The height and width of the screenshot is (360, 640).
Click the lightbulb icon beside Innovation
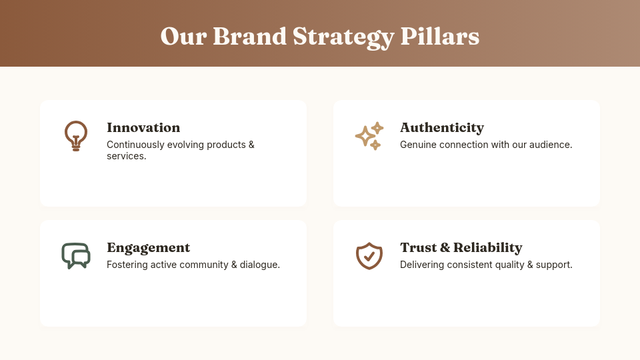76,136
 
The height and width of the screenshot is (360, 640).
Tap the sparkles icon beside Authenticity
369,136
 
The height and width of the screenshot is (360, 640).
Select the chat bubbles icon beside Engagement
76,255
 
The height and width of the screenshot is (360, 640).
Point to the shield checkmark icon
369,256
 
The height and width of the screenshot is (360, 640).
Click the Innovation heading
143,127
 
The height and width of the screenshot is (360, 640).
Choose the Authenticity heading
442,127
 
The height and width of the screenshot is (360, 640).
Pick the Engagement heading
148,247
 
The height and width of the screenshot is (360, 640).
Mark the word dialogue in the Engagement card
258,265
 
